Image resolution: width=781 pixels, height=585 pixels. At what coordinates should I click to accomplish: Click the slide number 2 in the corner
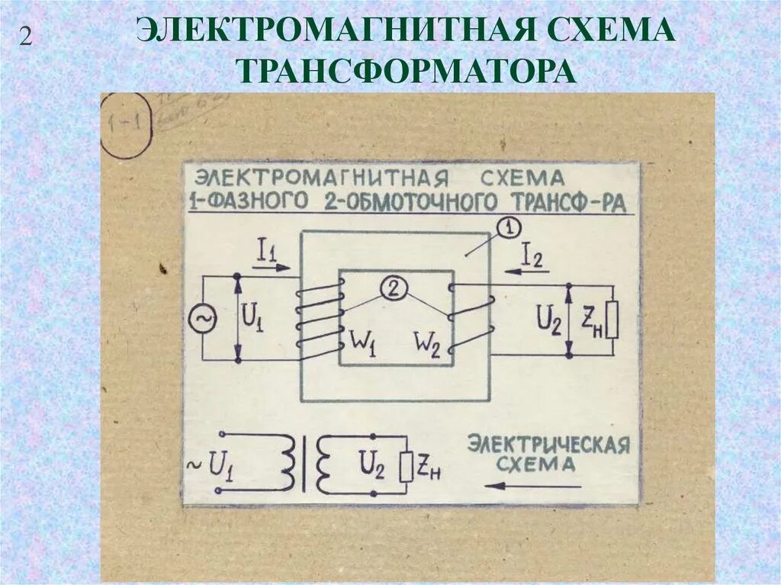pyautogui.click(x=26, y=37)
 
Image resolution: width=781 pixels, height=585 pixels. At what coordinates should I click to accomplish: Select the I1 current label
pyautogui.click(x=266, y=251)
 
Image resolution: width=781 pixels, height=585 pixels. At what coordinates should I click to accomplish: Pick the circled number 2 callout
pyautogui.click(x=393, y=288)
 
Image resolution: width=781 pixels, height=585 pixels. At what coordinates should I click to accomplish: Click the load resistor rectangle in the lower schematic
pyautogui.click(x=405, y=466)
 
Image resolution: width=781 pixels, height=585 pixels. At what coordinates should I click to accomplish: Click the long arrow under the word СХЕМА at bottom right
pyautogui.click(x=533, y=485)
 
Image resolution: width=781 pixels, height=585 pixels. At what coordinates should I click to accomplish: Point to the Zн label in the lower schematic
pyautogui.click(x=429, y=470)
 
